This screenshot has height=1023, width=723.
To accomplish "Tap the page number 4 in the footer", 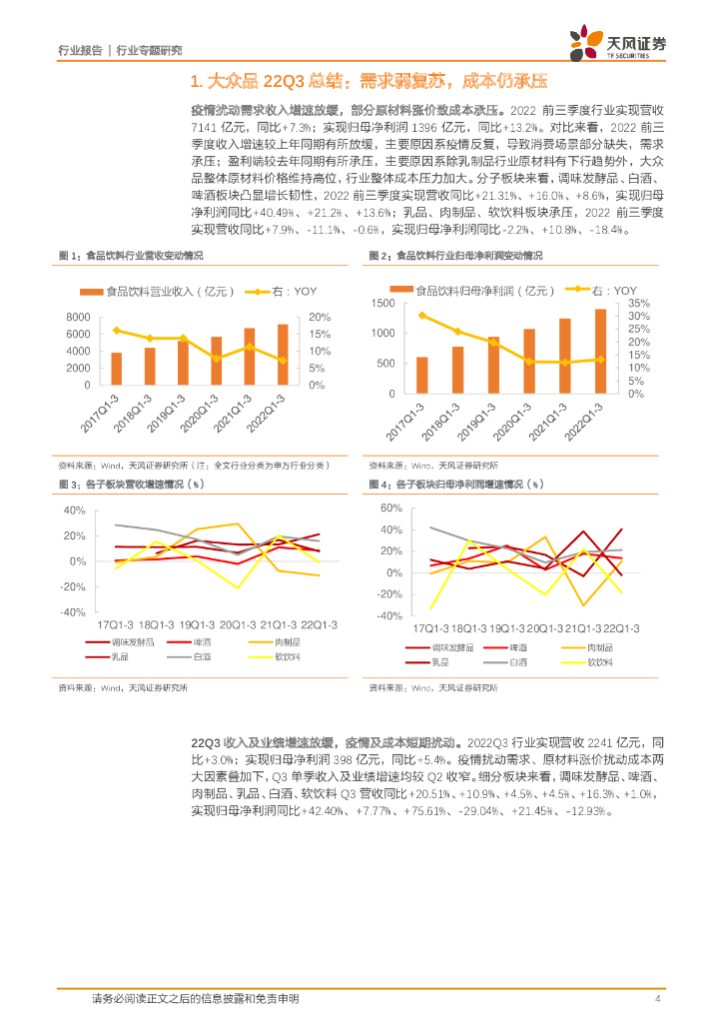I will [x=658, y=998].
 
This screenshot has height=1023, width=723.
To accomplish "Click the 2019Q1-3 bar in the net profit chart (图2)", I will [x=493, y=365].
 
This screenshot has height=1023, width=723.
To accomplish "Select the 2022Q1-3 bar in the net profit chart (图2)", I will [x=600, y=351].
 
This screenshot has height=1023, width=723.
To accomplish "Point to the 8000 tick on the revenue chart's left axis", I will [x=78, y=318].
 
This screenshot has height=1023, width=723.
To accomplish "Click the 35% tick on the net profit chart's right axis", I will [x=640, y=303].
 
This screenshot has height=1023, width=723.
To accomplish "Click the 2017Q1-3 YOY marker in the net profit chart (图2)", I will [x=422, y=316].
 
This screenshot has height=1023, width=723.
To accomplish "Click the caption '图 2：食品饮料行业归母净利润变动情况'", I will [x=455, y=256].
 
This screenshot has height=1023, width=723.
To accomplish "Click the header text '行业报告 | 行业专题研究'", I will [x=120, y=50].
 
